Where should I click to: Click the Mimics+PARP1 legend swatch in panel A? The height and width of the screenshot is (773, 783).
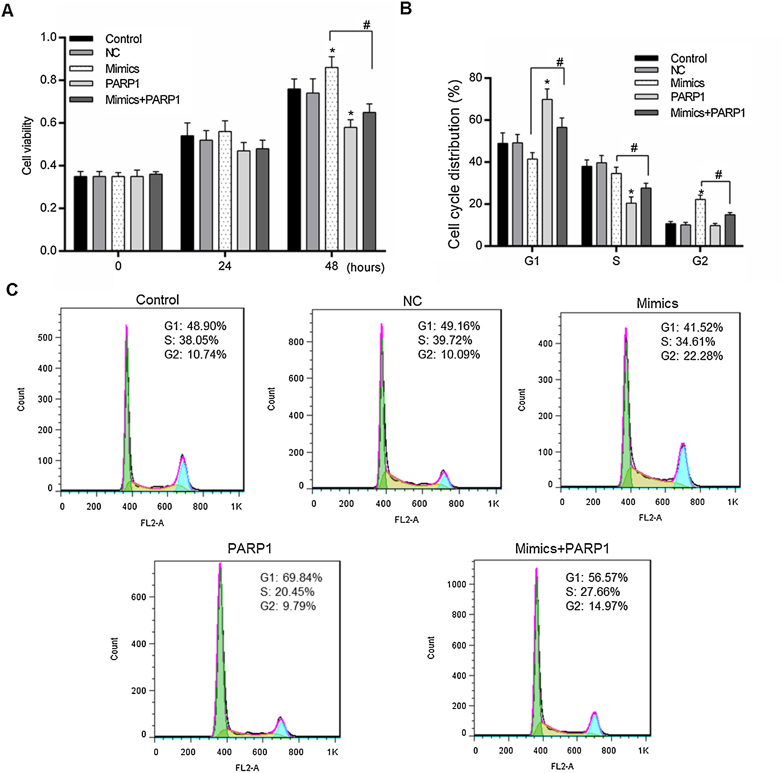(x=81, y=99)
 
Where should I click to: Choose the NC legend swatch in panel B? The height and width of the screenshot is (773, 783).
(x=646, y=70)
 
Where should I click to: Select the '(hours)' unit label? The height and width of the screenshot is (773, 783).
(x=365, y=268)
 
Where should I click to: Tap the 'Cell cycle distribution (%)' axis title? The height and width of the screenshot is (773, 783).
(x=454, y=164)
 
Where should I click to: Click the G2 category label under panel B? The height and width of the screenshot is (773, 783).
(x=700, y=261)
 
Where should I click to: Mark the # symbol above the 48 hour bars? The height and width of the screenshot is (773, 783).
(x=367, y=25)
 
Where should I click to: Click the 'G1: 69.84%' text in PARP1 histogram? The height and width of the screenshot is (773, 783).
(x=291, y=577)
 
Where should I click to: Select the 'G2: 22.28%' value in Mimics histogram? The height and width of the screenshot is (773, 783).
(x=692, y=356)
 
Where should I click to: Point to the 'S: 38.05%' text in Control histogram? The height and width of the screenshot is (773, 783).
(x=191, y=340)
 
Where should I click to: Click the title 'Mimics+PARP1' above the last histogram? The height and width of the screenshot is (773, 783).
(x=562, y=548)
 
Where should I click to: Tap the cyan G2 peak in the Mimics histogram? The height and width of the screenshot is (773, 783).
(x=683, y=466)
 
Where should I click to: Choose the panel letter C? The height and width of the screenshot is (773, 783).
(x=12, y=290)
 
